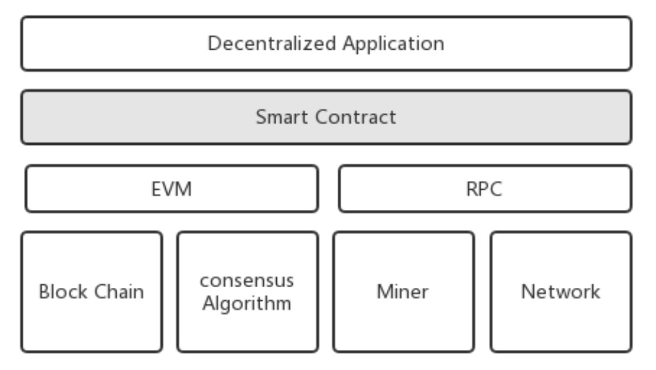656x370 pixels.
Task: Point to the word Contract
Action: point(356,117)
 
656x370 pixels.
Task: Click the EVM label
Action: point(171,189)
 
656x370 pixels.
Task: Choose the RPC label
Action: point(484,189)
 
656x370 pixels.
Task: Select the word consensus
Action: point(247,281)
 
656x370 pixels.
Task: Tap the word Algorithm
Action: point(247,303)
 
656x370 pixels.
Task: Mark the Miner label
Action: point(403,292)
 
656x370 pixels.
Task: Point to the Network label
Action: point(560,292)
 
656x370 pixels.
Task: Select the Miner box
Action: point(403,331)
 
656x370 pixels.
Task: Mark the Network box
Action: point(560,331)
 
